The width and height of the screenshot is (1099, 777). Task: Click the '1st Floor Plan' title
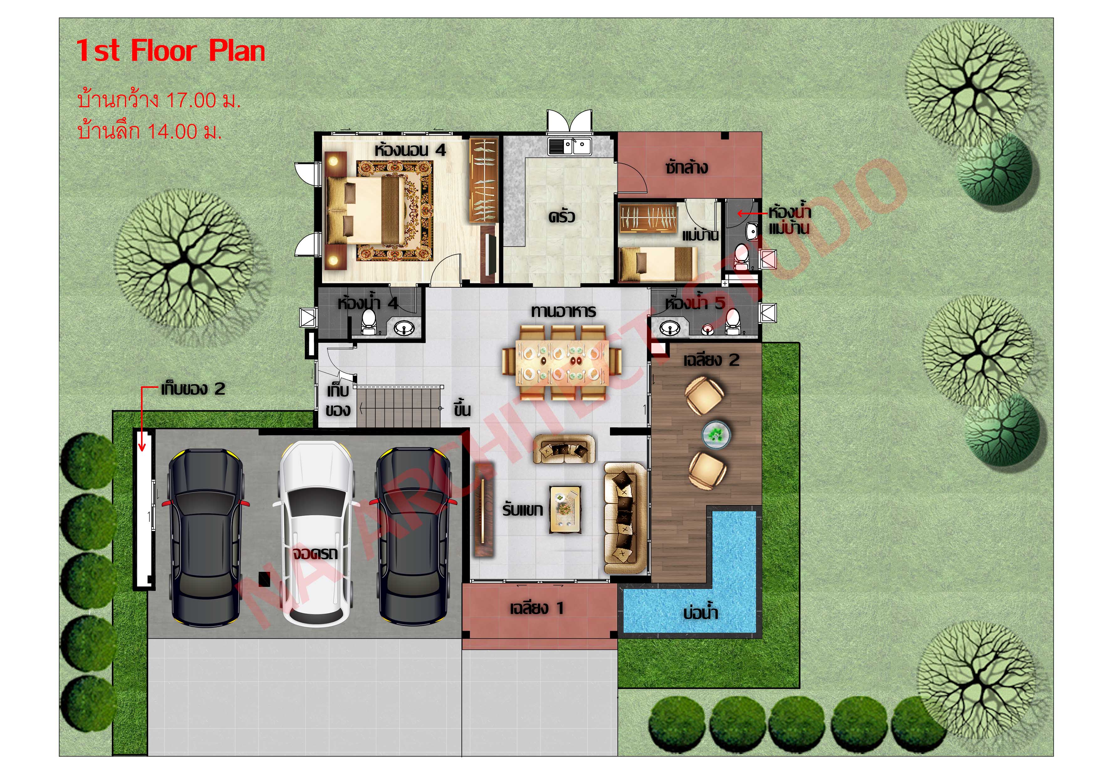(x=170, y=51)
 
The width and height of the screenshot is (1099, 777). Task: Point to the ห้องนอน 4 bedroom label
(x=410, y=150)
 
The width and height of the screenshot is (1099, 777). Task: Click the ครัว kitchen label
(x=561, y=216)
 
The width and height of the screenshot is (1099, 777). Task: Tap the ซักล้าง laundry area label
(x=686, y=168)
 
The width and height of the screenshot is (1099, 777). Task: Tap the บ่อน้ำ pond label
(x=700, y=613)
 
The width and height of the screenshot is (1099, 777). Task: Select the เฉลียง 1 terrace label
(x=536, y=608)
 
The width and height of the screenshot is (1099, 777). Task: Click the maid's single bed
(x=657, y=264)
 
